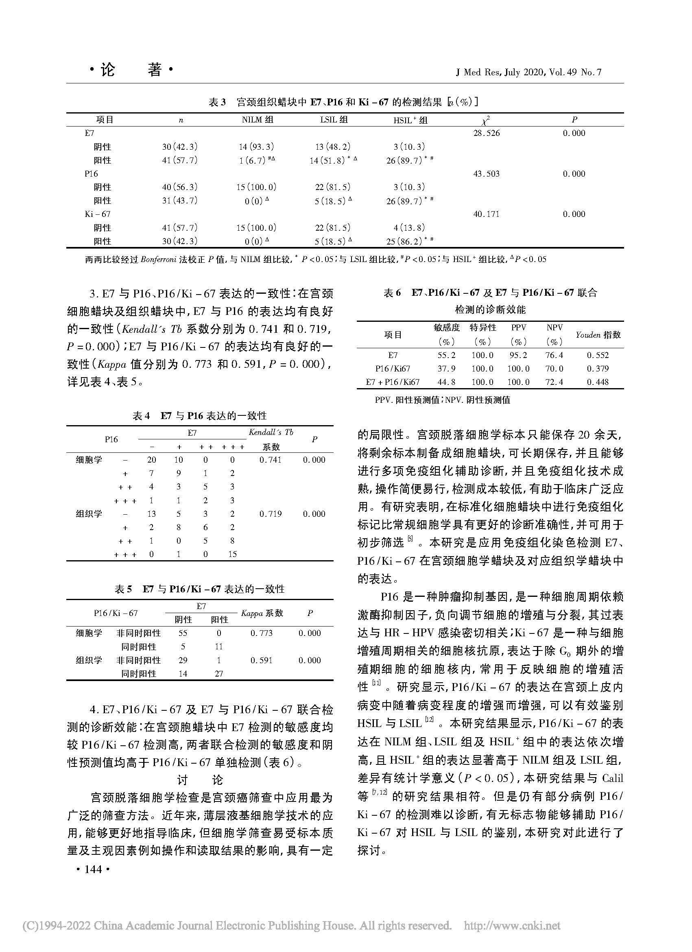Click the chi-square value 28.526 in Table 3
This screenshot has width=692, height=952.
487,133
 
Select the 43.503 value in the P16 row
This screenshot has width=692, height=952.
487,174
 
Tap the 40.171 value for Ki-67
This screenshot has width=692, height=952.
487,214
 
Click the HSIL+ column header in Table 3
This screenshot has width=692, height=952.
410,120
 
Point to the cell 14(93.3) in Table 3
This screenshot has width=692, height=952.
256,147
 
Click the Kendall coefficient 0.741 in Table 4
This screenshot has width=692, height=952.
270,460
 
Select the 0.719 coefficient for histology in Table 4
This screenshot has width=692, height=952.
270,514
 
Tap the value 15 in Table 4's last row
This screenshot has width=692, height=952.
232,554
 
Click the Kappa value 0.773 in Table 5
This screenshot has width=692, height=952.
262,633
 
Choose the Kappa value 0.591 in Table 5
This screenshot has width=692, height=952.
262,660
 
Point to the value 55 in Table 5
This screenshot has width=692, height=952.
183,633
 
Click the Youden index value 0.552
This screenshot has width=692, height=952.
598,355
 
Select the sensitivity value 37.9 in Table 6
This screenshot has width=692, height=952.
447,369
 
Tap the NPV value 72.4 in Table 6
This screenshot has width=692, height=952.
554,382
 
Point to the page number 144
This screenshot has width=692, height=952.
93,869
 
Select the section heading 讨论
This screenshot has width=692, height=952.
200,780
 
